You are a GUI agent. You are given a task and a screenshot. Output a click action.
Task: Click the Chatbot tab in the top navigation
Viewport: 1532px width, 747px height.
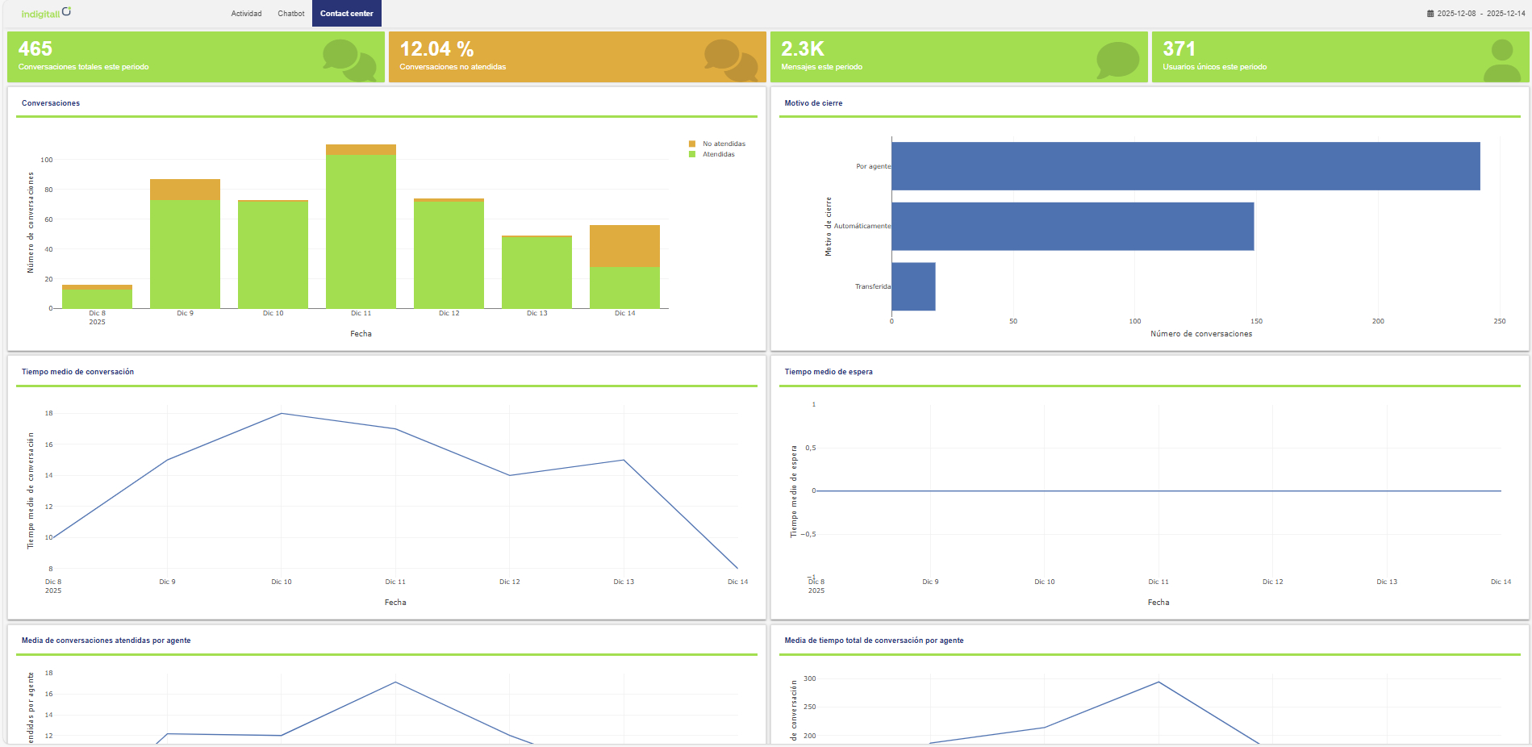click(290, 14)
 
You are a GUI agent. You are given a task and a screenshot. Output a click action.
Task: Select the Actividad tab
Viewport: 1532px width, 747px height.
click(246, 14)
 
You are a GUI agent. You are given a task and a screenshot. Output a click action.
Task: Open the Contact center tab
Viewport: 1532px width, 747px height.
click(346, 14)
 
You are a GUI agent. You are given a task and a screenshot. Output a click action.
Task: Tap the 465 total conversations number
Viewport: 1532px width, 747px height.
click(35, 49)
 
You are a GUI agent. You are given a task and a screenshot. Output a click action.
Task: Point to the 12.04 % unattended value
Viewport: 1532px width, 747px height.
click(436, 49)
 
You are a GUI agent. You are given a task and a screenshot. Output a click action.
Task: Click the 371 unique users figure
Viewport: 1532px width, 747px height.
click(1179, 49)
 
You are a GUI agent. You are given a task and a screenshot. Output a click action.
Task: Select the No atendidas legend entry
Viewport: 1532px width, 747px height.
click(723, 144)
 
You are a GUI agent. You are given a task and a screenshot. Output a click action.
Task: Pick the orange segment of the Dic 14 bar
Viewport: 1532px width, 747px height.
click(624, 246)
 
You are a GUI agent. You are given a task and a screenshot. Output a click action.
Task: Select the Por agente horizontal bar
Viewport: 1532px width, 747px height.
click(1185, 166)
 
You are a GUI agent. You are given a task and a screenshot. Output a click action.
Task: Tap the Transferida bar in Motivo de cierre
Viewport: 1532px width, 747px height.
click(913, 286)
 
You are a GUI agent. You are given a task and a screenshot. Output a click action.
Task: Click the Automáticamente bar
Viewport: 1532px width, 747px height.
click(1072, 227)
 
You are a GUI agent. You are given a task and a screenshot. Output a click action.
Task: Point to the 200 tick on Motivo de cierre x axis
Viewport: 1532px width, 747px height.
click(1378, 321)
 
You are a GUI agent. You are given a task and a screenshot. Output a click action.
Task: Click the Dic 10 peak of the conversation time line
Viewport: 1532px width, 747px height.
click(282, 414)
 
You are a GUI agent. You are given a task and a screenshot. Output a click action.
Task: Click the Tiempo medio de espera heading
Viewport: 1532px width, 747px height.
click(829, 372)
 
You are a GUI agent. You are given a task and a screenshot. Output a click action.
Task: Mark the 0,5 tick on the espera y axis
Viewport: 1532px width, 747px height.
click(810, 448)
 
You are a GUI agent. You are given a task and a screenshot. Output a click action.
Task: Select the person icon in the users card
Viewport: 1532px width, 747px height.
click(1501, 61)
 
